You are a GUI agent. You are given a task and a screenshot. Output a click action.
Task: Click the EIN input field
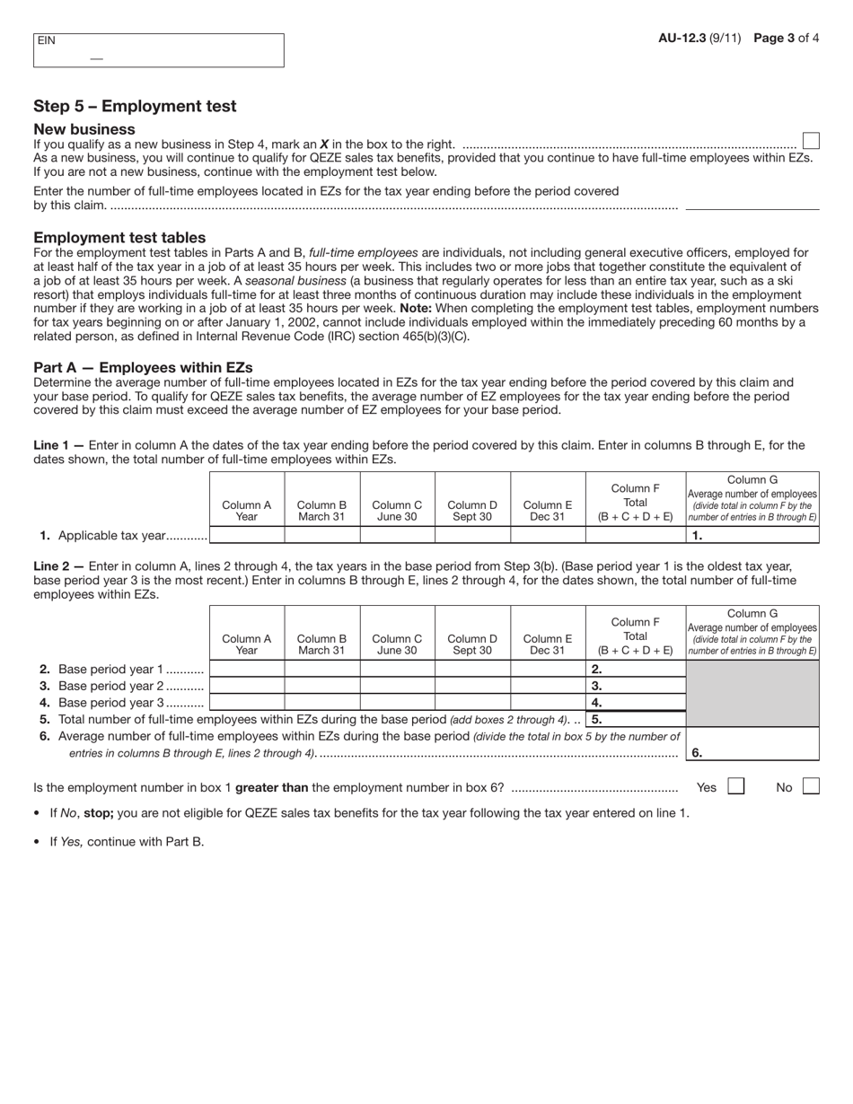158,51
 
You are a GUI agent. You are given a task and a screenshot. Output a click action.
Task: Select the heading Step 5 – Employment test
135,106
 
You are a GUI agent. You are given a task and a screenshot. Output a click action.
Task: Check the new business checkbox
811,141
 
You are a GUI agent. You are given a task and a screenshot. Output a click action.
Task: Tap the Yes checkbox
735,786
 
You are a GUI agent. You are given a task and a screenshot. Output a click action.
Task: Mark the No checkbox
811,786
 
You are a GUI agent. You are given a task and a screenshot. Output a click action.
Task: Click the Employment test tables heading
119,238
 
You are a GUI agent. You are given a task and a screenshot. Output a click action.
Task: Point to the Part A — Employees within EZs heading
143,367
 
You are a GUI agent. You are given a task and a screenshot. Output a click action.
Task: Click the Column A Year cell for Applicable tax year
247,535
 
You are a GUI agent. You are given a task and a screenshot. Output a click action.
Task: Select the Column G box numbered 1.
752,535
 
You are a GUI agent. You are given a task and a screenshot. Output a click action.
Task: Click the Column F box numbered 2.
636,669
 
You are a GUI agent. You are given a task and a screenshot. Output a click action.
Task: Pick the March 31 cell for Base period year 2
321,686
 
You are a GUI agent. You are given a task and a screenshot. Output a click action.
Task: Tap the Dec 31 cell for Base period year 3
548,703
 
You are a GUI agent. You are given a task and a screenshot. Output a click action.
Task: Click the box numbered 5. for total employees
636,719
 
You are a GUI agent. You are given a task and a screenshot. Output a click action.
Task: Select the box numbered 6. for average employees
752,753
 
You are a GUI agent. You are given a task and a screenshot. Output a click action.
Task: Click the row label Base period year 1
110,669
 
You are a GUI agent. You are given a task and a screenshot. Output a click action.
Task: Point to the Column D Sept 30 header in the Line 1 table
472,511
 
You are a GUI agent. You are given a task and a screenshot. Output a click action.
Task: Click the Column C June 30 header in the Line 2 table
397,644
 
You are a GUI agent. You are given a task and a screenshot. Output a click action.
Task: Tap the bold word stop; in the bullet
100,812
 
